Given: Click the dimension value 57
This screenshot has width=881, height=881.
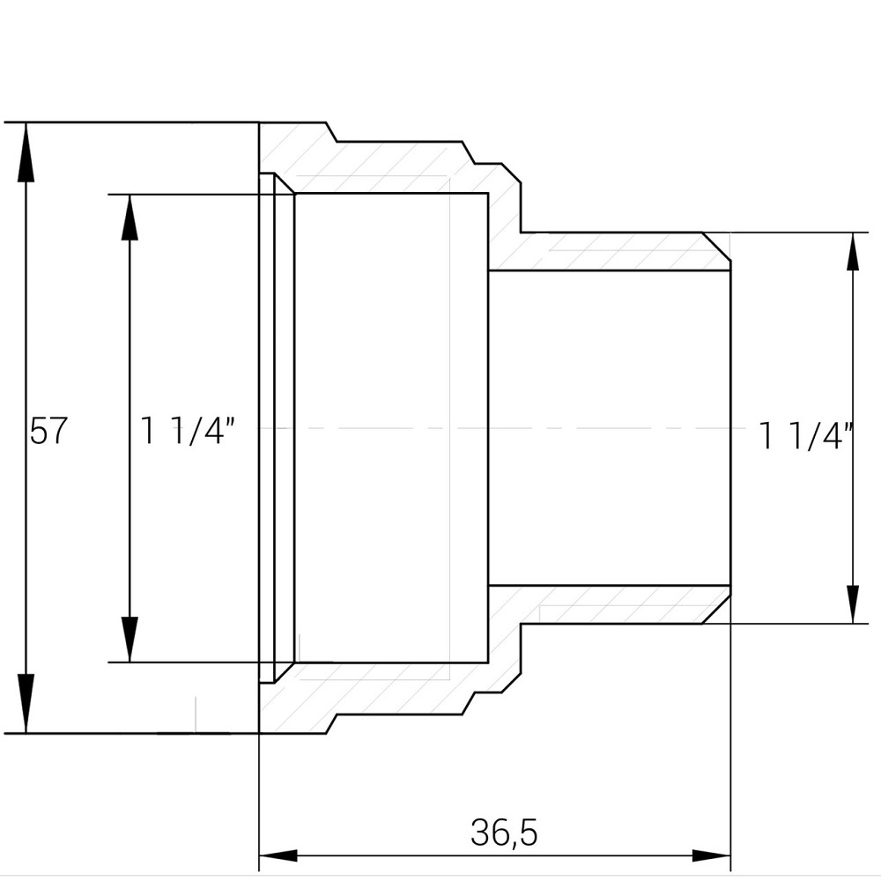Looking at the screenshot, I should (48, 431).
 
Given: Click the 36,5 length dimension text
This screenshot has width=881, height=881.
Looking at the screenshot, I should (504, 832).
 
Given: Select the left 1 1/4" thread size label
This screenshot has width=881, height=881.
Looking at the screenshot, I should (188, 431).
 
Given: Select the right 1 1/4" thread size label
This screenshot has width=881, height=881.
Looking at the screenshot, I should (806, 435).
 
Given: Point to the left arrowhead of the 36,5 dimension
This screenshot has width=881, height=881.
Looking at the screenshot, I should (278, 855).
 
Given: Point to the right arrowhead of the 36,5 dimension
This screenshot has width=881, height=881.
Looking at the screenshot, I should (711, 855).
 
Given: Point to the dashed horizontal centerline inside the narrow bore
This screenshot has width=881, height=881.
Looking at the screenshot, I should (608, 428).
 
